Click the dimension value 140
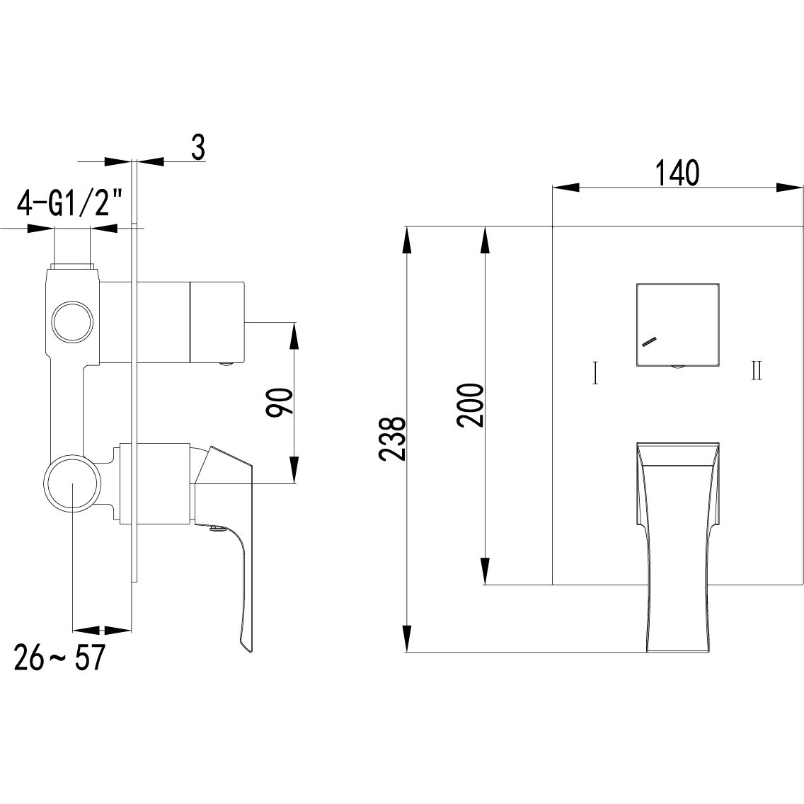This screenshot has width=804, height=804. tap(677, 173)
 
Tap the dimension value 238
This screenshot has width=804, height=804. tap(393, 438)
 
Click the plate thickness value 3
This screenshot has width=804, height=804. tap(198, 148)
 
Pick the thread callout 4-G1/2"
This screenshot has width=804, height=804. tap(70, 204)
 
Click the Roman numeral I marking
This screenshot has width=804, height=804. tap(595, 373)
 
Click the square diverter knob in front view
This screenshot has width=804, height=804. tap(677, 324)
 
